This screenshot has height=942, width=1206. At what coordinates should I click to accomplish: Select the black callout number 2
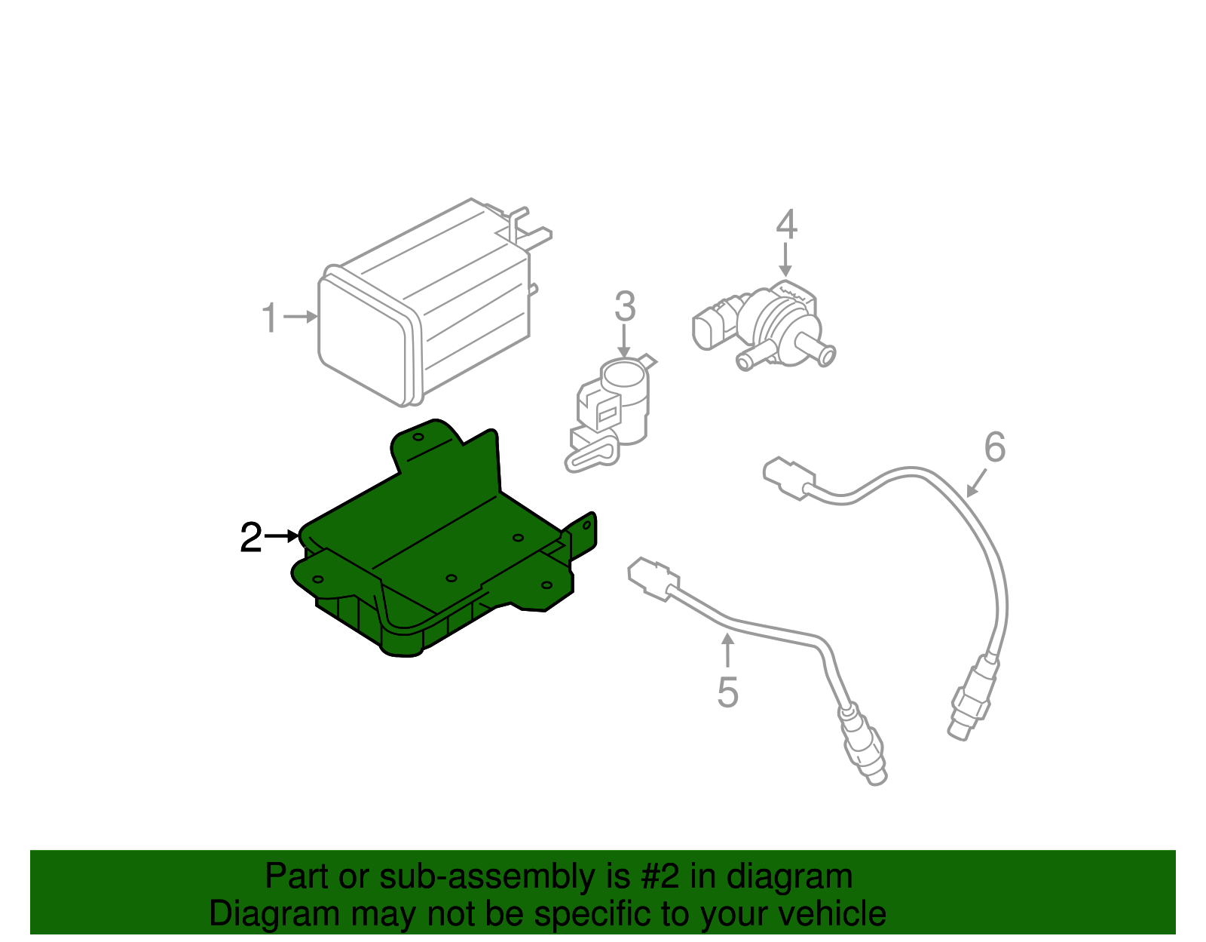(x=251, y=538)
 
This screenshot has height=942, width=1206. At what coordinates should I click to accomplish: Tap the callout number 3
(x=625, y=307)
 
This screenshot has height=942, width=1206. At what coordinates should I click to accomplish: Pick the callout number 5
(x=727, y=692)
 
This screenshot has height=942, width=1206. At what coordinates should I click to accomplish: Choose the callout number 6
(x=995, y=447)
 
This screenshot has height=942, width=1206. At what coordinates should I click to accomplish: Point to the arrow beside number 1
(x=301, y=317)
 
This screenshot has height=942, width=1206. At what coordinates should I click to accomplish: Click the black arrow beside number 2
(x=283, y=536)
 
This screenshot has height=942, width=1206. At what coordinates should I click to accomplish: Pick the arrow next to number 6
(x=977, y=483)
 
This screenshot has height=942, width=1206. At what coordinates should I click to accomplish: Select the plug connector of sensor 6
(x=788, y=477)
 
